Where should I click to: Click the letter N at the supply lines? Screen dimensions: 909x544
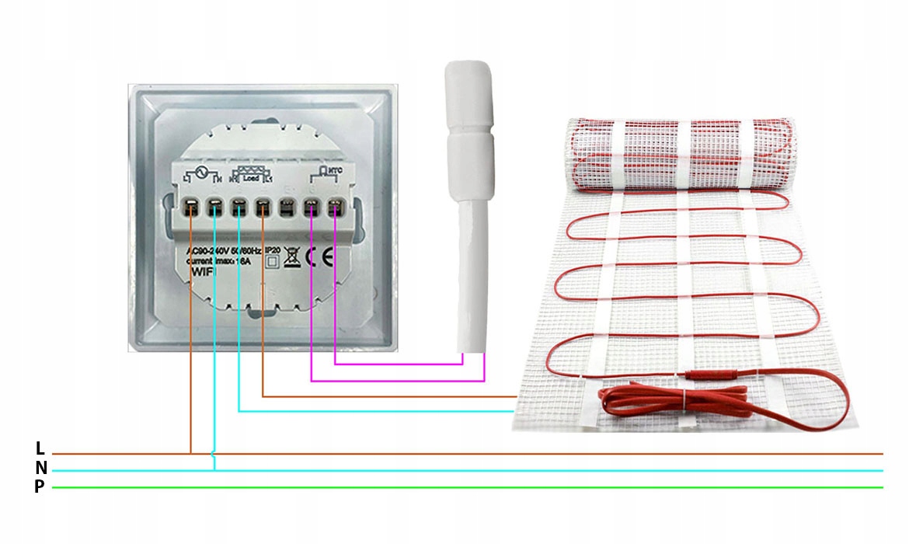40,468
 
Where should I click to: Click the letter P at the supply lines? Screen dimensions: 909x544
40,487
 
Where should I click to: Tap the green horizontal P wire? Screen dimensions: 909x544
466,487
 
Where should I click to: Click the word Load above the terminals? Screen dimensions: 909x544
251,177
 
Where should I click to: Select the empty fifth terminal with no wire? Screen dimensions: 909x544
287,207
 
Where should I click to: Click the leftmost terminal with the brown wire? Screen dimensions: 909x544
191,207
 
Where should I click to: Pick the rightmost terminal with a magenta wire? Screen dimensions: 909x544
336,207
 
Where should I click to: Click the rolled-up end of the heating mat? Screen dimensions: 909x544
676,155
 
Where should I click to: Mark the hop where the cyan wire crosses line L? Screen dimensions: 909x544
214,453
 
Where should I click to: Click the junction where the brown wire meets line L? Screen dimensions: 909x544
191,453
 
